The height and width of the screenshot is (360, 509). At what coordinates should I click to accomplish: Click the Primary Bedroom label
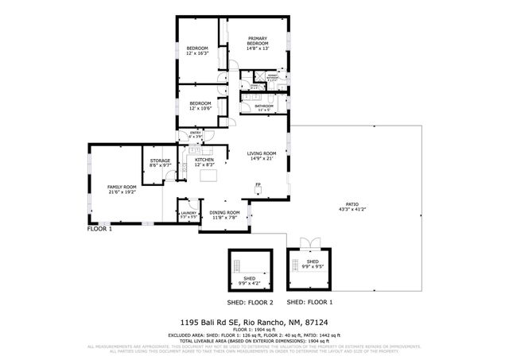pos(258,41)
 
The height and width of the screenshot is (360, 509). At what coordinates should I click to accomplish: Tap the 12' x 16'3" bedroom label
pos(197,51)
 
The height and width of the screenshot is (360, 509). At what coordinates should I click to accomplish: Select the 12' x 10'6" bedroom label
pos(200,104)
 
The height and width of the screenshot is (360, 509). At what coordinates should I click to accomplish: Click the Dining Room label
pos(224,214)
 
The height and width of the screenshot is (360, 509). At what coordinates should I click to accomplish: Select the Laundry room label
pos(188,214)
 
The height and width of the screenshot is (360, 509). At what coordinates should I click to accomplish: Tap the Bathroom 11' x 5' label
pos(263,106)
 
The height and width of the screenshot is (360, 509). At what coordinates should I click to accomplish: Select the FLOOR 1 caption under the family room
pos(99,229)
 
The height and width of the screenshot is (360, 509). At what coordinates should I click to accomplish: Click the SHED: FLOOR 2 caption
pos(250,303)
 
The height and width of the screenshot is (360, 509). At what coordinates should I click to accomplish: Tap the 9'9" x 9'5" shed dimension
pos(313,265)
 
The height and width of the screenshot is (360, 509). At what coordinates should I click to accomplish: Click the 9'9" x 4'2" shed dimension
pos(250,281)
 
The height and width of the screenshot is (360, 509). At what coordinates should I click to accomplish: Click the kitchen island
pos(208,176)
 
